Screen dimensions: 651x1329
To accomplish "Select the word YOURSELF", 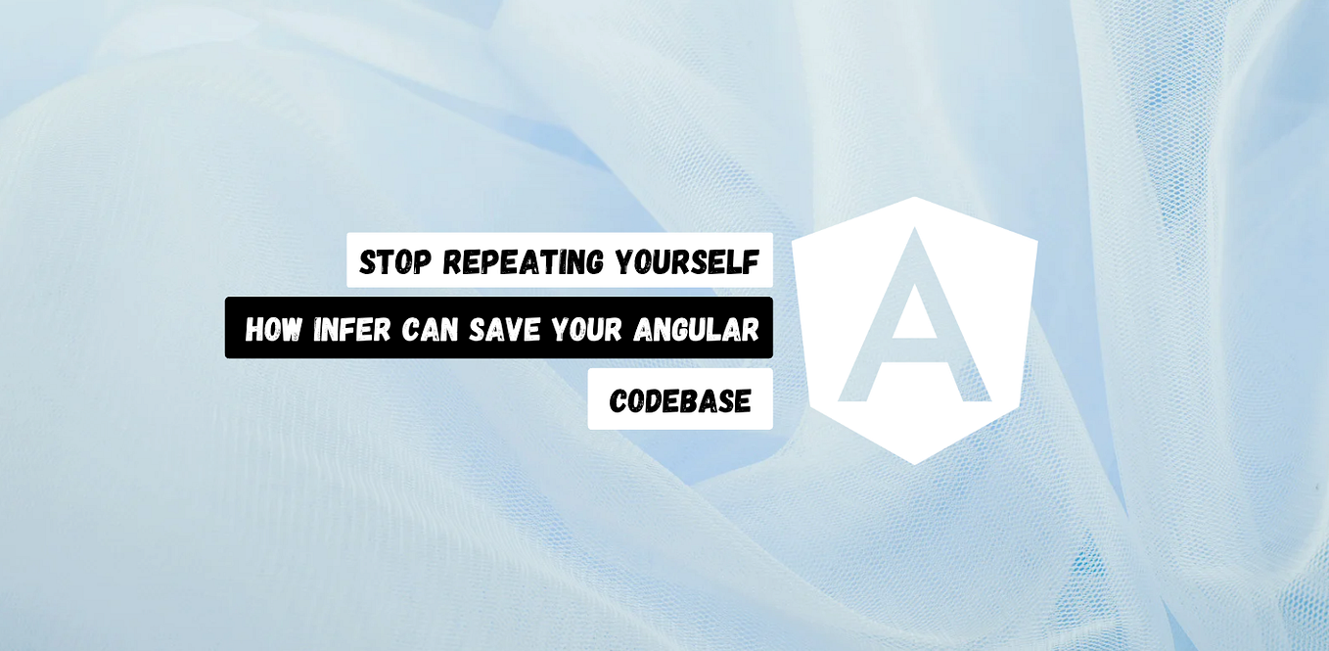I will [x=686, y=261].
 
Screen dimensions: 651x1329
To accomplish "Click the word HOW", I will [x=273, y=330].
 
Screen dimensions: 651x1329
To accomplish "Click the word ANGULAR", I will [x=696, y=330].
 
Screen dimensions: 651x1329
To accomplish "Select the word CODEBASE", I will [x=680, y=400].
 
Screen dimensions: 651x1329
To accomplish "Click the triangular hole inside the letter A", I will [x=915, y=308].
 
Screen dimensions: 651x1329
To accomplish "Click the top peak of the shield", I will [x=915, y=199].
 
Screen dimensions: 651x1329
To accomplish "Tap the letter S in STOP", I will [x=368, y=261].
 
